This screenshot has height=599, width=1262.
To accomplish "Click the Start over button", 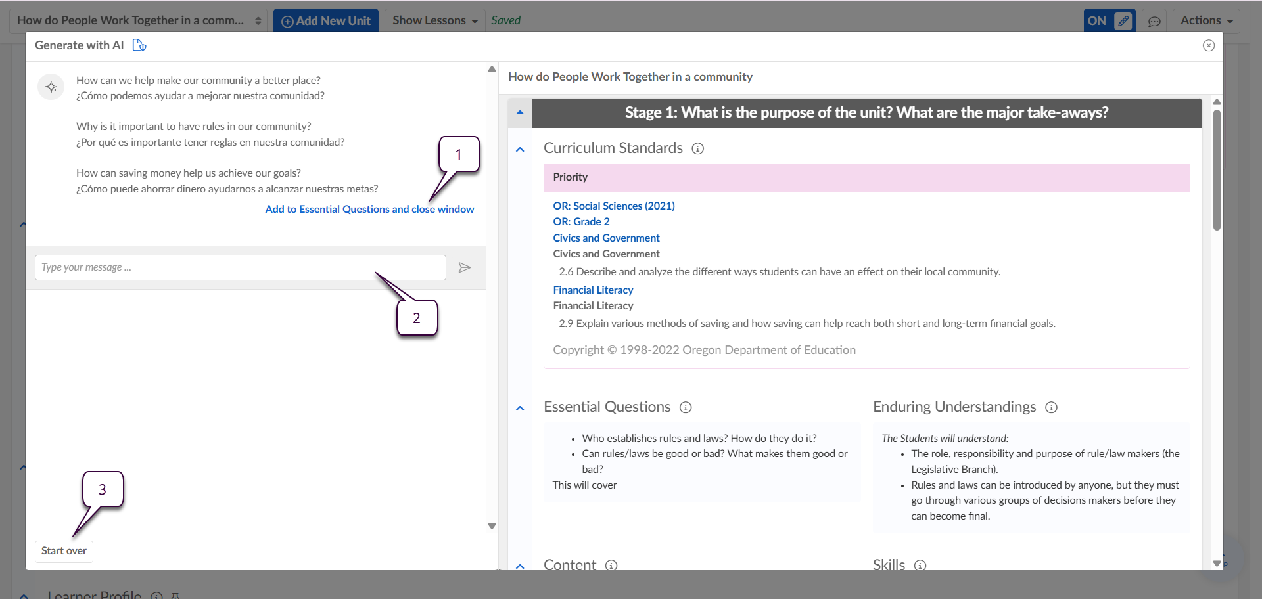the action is (x=64, y=551).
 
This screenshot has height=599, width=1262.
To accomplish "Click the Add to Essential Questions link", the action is (x=369, y=210).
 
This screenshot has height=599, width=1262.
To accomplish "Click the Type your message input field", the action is (x=240, y=267).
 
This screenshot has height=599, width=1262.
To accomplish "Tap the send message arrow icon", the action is (x=465, y=267).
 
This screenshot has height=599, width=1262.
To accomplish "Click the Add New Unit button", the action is (x=326, y=20).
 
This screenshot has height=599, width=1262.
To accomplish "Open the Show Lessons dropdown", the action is (x=435, y=20).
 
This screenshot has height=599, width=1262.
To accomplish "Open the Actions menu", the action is (x=1207, y=20).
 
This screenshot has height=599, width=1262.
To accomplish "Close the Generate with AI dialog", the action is (x=1209, y=45).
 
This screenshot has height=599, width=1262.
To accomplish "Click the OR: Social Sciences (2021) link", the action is (x=614, y=206).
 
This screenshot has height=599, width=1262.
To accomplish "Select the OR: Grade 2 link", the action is (x=581, y=222).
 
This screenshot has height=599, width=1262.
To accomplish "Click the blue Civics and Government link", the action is (x=606, y=238).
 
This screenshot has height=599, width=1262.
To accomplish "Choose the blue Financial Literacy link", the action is (x=593, y=290).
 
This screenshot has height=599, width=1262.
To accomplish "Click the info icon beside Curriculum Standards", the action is (x=698, y=148).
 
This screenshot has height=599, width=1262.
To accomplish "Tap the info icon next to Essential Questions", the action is (x=686, y=407).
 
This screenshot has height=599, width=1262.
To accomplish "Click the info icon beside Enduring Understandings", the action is (x=1052, y=407).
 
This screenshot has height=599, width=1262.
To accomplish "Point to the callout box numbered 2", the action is (x=417, y=318).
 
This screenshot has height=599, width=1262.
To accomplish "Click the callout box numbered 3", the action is (x=103, y=489).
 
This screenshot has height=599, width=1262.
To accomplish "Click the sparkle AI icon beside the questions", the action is (x=51, y=87).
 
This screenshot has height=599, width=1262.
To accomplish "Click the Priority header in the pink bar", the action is (x=571, y=177).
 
